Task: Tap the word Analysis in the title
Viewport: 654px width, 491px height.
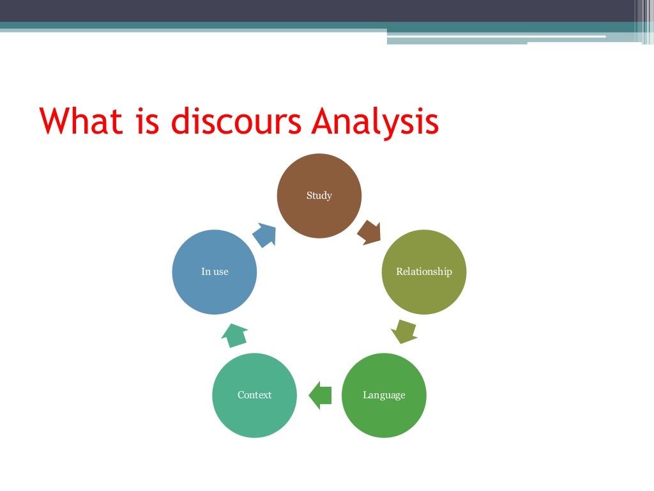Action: tap(376, 121)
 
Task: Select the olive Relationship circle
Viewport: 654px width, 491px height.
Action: tap(423, 272)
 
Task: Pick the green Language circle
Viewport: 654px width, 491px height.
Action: tap(384, 395)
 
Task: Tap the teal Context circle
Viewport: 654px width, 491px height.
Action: tap(254, 395)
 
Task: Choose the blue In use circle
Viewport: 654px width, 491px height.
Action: tap(215, 272)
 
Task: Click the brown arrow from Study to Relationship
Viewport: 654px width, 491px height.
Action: tap(370, 231)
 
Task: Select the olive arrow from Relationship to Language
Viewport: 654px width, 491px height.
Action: tap(404, 331)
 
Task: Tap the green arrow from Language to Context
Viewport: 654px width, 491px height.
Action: tap(320, 395)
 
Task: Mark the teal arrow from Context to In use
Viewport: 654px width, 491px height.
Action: tap(234, 334)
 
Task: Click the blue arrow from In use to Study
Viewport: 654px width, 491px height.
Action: tap(264, 235)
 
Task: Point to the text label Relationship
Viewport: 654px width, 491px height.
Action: tap(423, 272)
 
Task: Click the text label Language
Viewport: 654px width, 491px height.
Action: tap(384, 395)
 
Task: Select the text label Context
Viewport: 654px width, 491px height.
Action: tap(254, 395)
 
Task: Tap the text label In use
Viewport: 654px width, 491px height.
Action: tap(215, 272)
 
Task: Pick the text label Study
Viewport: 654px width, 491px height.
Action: tap(319, 196)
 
